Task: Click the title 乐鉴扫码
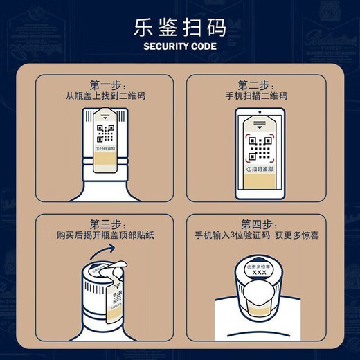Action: (179, 30)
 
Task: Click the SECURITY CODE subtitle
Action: (179, 47)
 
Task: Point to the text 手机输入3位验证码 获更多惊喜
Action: (258, 237)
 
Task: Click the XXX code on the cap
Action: (259, 273)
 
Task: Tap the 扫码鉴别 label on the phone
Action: (260, 168)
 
